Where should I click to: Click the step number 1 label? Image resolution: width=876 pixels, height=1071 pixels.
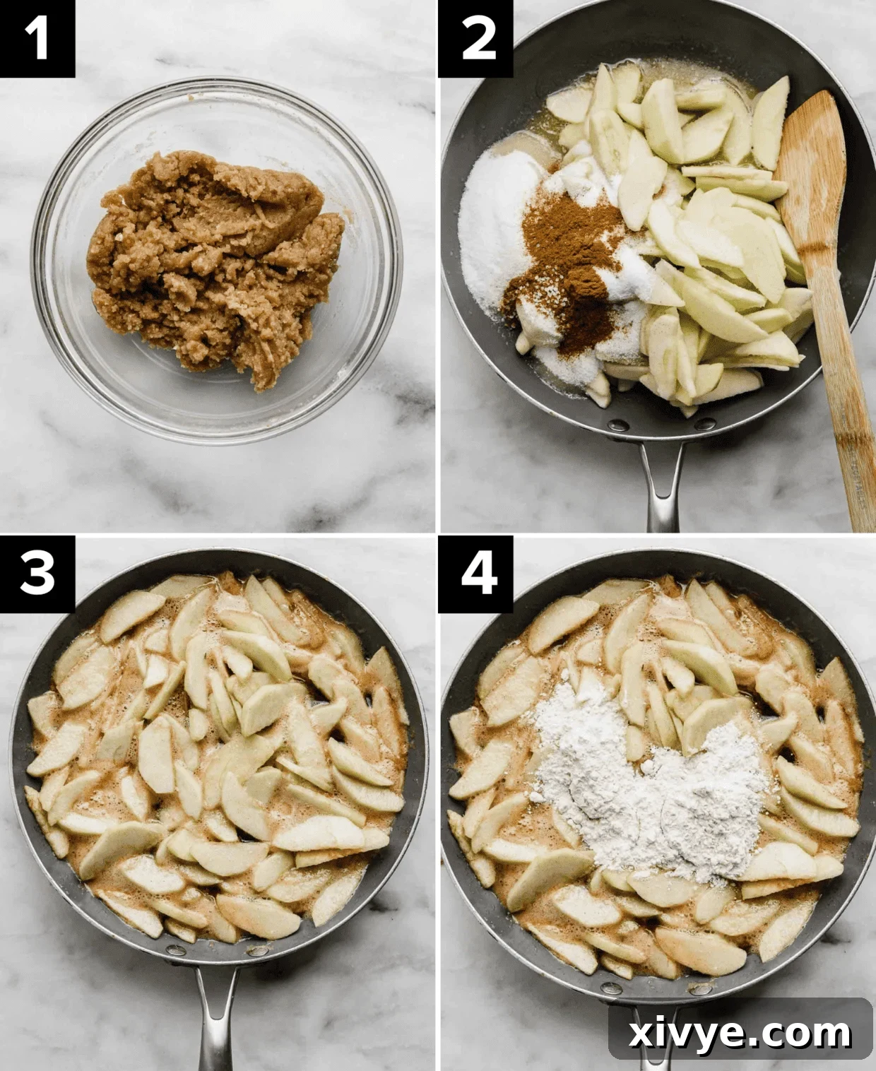37,38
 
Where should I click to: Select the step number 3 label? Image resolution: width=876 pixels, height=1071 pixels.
37,572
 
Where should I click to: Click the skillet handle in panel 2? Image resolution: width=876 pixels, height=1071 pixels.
663,487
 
